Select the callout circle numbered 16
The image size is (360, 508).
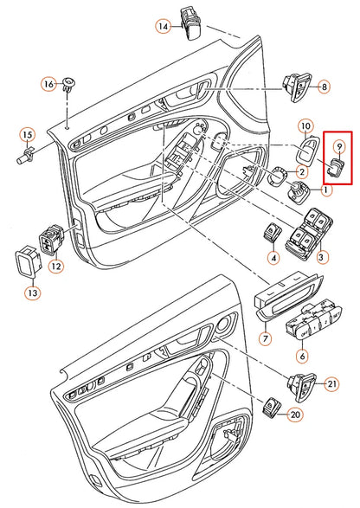click(48, 84)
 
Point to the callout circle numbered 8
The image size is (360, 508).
click(324, 87)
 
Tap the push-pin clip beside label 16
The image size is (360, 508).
click(69, 85)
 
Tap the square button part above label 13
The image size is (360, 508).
click(29, 261)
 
